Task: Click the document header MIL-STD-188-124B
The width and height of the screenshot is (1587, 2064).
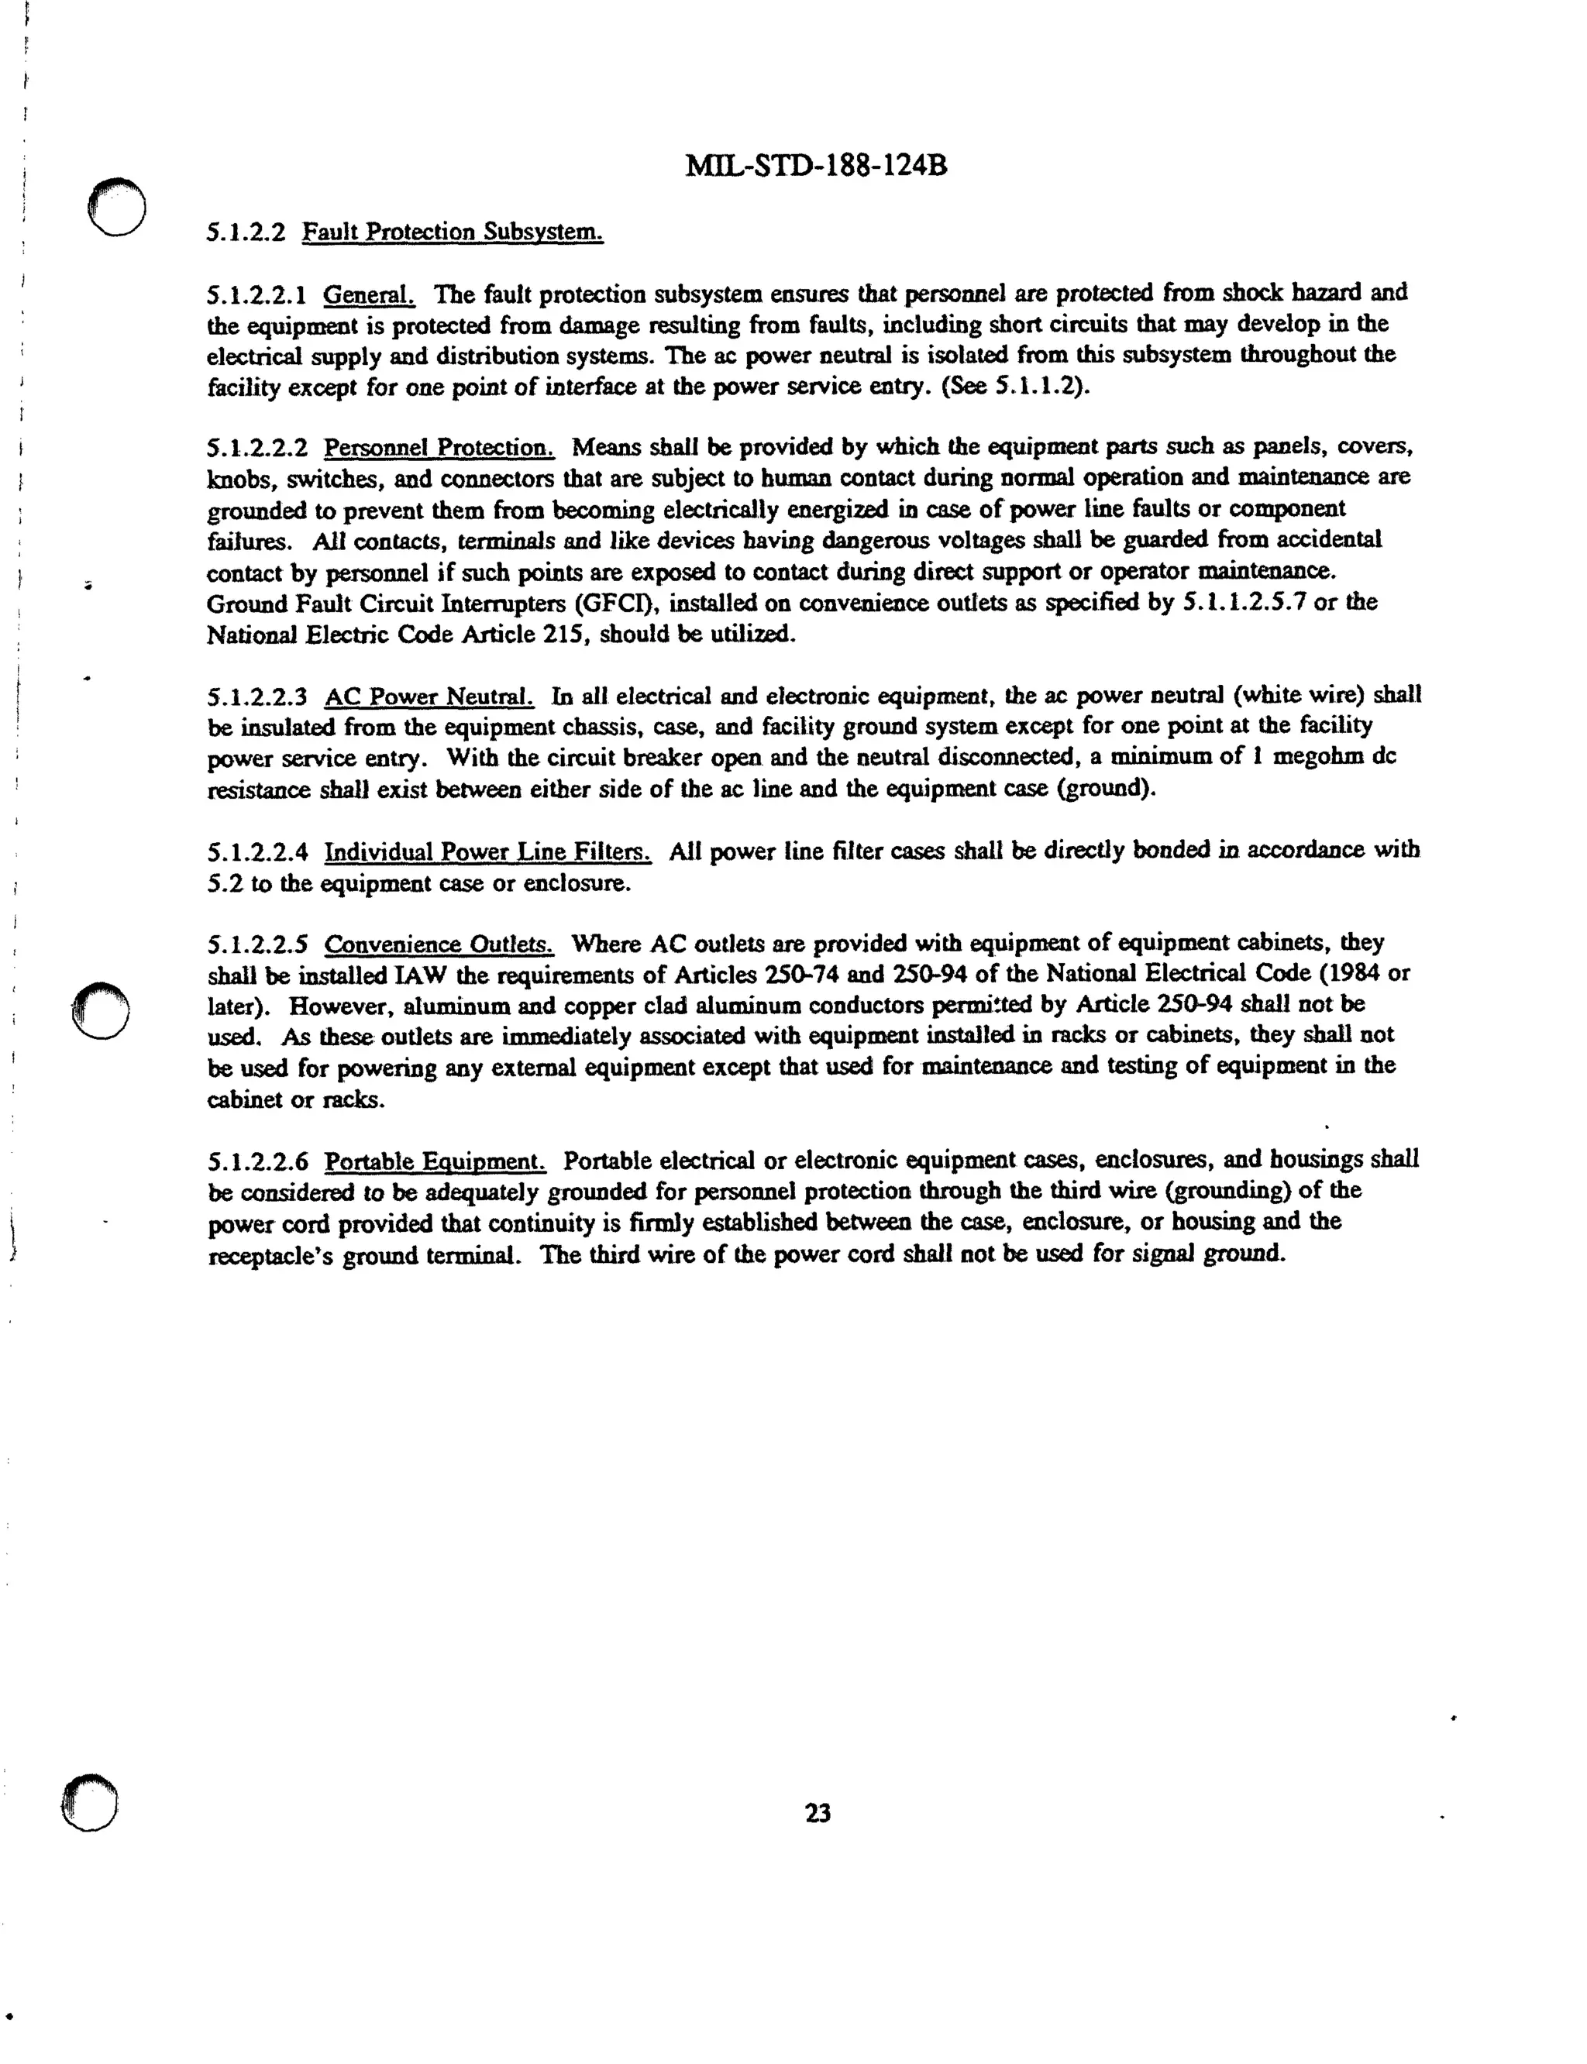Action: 815,167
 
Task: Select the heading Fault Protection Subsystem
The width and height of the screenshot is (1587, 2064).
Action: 453,232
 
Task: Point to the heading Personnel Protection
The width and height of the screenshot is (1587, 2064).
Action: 439,447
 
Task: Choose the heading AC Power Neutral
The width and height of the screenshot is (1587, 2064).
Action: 429,697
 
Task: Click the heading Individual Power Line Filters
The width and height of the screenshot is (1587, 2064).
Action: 487,852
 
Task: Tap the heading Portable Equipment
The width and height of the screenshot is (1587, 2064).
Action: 435,1161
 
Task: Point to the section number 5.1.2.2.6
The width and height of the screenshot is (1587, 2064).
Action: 257,1161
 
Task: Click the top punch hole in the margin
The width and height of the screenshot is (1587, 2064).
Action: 116,206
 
